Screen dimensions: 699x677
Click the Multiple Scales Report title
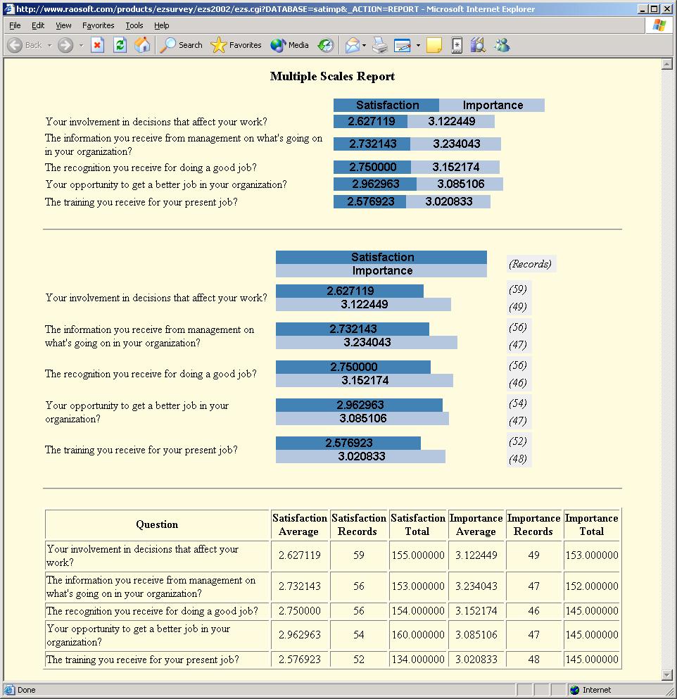(332, 77)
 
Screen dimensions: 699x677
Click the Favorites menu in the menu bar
(98, 25)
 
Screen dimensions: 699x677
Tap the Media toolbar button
(290, 45)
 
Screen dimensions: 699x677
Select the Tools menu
(134, 25)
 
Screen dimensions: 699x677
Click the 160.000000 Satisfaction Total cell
(417, 635)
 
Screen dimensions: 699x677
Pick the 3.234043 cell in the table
(476, 586)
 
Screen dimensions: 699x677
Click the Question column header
(157, 524)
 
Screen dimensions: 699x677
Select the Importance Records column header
(533, 524)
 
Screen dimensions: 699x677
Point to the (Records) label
(530, 264)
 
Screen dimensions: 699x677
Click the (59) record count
(517, 289)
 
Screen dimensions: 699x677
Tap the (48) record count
(517, 459)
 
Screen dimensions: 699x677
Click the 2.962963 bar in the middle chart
(360, 405)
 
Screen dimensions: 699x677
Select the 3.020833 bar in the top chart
(449, 201)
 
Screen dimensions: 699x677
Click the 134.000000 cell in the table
(417, 660)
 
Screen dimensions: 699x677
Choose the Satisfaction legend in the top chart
(387, 105)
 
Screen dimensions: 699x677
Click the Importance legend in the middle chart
(382, 270)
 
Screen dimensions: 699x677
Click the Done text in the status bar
(27, 690)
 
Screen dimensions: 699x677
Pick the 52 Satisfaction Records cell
(358, 660)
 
